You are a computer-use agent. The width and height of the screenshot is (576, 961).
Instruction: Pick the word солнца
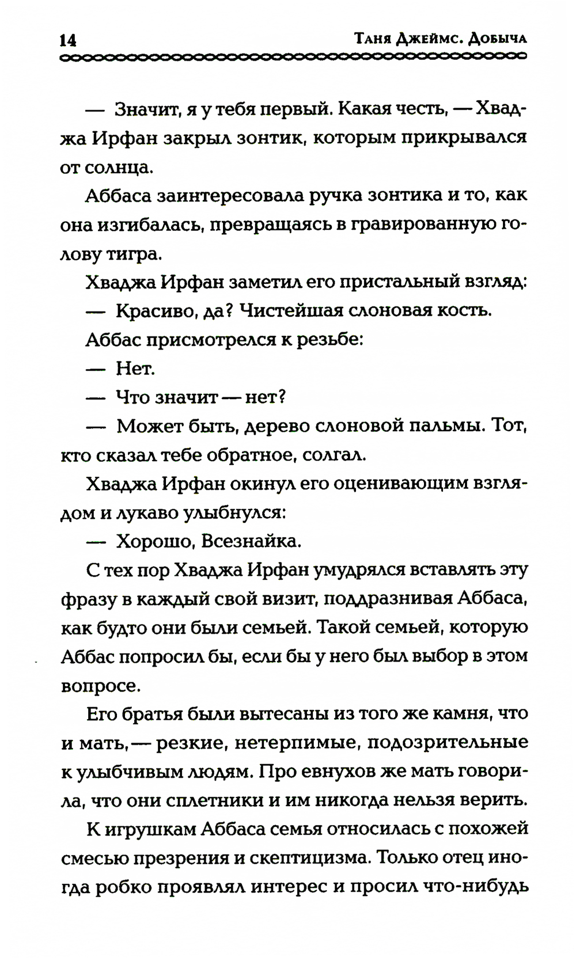(x=121, y=168)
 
